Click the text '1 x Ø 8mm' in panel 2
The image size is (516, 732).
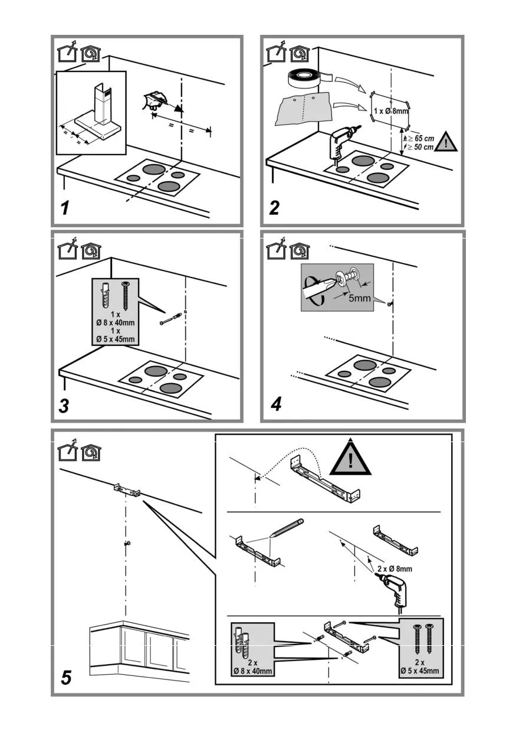(391, 111)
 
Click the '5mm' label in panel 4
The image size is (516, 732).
(359, 298)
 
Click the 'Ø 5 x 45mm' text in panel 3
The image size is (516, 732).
(116, 339)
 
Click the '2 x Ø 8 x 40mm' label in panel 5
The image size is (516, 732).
(252, 666)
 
